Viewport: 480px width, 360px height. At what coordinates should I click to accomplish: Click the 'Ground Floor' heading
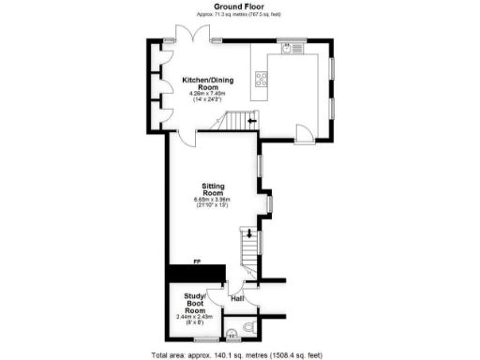[x=239, y=6]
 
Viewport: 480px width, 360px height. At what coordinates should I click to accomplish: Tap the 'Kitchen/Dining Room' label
[x=207, y=84]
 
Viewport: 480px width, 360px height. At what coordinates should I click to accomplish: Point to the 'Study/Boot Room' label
[x=194, y=305]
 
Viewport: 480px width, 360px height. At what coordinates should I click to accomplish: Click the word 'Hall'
[x=237, y=299]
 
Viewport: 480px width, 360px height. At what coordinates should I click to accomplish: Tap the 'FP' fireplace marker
[x=197, y=262]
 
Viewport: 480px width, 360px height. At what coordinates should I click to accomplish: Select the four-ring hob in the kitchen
[x=260, y=80]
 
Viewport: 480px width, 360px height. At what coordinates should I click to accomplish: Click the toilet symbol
[x=248, y=326]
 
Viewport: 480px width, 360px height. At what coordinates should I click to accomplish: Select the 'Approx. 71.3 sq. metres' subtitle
[x=239, y=15]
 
